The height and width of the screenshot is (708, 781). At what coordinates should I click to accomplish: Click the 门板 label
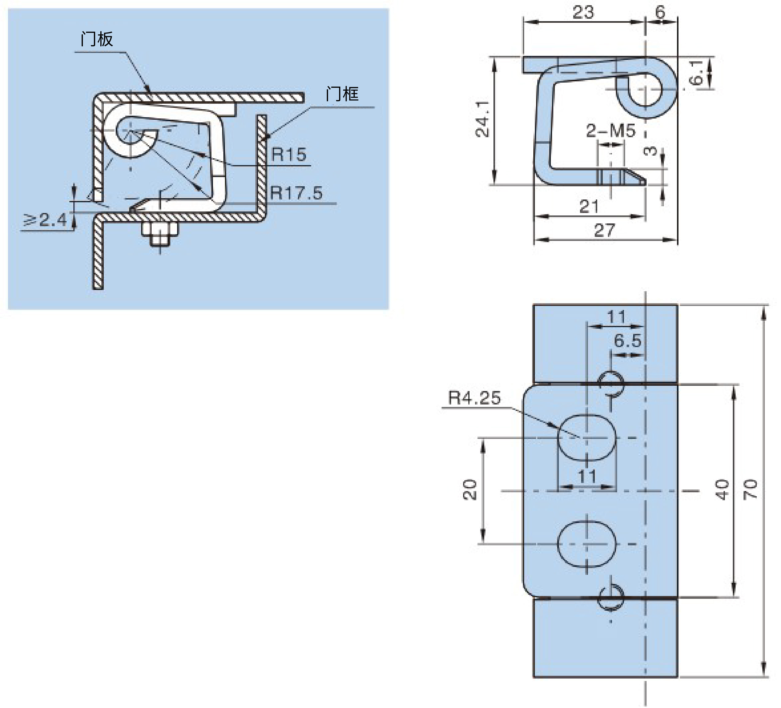[97, 40]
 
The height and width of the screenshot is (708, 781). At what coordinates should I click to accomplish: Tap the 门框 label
[342, 94]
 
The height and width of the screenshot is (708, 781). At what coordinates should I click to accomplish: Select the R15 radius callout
[288, 155]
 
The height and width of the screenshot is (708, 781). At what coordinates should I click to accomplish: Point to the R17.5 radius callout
[296, 193]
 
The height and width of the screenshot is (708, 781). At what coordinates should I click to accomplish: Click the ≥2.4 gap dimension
[45, 220]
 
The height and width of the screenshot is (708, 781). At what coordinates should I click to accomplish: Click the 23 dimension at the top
[583, 12]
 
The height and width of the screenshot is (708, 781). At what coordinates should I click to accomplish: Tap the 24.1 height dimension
[483, 119]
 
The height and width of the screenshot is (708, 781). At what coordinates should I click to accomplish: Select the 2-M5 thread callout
[611, 131]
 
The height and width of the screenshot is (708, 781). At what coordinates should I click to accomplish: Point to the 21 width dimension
[589, 207]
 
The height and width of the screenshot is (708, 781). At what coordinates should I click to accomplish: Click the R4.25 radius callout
[474, 398]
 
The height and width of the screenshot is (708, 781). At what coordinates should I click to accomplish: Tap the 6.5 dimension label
[628, 341]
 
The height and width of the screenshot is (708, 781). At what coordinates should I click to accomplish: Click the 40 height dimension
[722, 489]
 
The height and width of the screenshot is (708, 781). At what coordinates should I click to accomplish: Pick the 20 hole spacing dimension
[470, 490]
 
